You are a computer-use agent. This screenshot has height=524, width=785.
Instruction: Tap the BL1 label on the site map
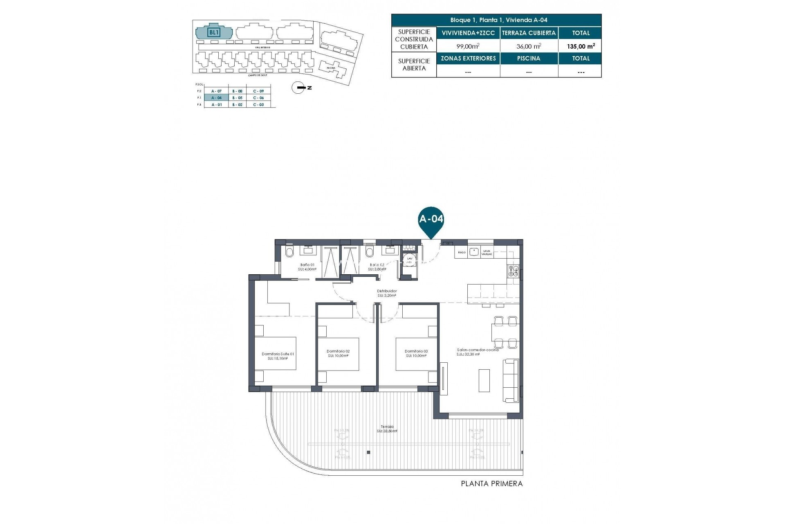click(x=214, y=32)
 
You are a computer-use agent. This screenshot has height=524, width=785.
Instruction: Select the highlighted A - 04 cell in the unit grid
click(x=216, y=98)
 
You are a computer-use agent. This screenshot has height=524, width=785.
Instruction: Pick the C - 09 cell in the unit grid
click(x=258, y=91)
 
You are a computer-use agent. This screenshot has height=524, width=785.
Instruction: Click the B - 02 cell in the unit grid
click(x=237, y=105)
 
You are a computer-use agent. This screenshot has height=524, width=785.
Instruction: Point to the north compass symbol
click(x=300, y=88)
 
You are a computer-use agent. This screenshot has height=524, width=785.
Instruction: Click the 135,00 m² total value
click(x=581, y=47)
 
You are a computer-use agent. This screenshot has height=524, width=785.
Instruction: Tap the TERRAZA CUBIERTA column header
click(x=529, y=33)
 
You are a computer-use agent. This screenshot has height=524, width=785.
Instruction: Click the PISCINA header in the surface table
click(x=529, y=59)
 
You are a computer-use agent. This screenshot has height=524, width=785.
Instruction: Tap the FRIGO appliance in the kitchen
click(x=461, y=253)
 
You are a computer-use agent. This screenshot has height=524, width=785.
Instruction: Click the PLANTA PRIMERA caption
click(x=491, y=484)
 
